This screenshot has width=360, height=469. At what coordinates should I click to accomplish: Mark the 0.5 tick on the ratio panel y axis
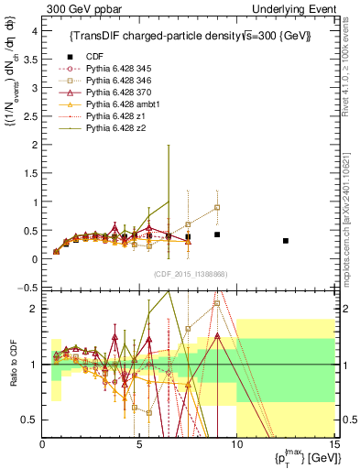[x=31, y=420]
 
